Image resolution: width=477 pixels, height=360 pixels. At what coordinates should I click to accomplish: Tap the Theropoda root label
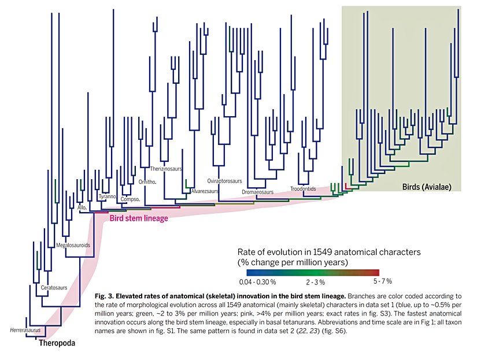tap(57, 343)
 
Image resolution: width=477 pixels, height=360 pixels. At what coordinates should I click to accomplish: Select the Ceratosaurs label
tap(55, 287)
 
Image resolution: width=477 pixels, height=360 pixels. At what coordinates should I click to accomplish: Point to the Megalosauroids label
tap(73, 246)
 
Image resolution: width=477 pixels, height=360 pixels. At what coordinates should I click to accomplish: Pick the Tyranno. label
tap(108, 196)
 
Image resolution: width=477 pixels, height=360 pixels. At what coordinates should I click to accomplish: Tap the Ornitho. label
tap(149, 182)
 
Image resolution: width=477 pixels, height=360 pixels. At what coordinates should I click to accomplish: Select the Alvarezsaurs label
tap(204, 191)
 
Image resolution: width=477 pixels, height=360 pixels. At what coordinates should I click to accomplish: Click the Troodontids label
tap(303, 188)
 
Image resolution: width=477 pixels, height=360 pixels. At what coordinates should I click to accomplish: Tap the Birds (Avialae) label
tap(426, 187)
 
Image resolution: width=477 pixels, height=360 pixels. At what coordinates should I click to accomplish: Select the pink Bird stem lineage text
tap(139, 218)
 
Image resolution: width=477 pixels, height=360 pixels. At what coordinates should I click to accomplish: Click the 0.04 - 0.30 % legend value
tap(257, 282)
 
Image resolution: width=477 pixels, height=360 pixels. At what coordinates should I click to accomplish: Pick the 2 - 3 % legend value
tap(316, 283)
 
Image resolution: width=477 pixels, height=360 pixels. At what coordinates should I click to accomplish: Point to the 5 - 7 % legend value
tap(382, 281)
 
